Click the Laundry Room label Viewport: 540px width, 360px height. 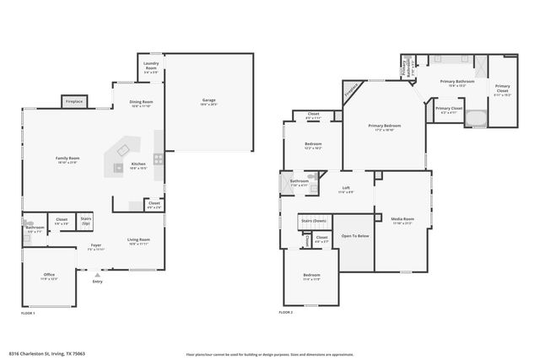(150, 67)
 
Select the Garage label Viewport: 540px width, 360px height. (208, 100)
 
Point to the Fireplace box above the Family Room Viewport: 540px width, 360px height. (73, 102)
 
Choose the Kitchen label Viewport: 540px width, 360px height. (138, 164)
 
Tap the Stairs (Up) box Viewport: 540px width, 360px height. (85, 221)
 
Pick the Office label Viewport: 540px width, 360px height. (50, 275)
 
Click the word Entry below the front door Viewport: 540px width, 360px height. (98, 282)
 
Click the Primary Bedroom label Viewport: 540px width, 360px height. (384, 126)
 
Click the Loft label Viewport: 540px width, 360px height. (346, 188)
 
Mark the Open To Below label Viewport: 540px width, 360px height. (354, 236)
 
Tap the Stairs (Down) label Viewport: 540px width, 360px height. (315, 221)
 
